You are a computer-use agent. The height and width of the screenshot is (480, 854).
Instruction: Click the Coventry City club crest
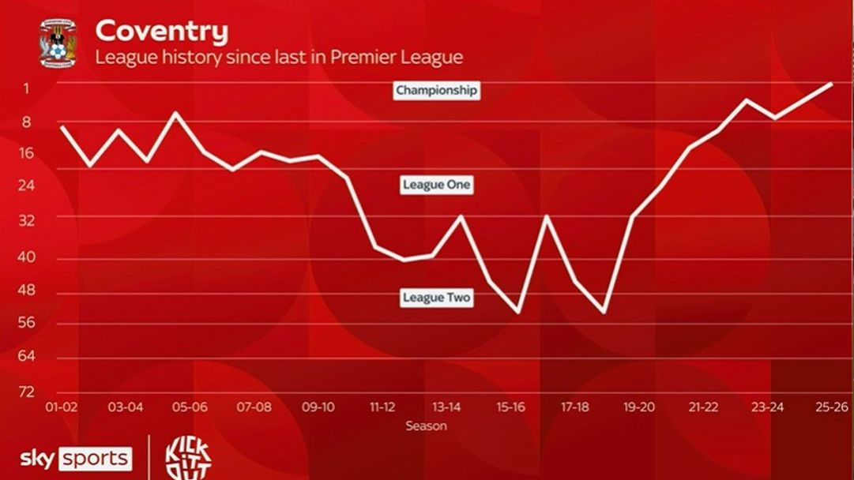pyautogui.click(x=58, y=44)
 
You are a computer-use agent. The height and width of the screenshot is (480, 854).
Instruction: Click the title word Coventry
pyautogui.click(x=162, y=32)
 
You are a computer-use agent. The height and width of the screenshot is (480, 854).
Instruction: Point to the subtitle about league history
pyautogui.click(x=279, y=58)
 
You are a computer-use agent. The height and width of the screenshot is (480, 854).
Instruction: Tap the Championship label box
pyautogui.click(x=436, y=90)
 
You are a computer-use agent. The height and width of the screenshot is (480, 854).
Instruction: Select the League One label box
pyautogui.click(x=436, y=185)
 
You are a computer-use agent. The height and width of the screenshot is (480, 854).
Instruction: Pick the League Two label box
pyautogui.click(x=437, y=298)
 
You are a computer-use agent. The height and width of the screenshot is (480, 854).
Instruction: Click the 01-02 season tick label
pyautogui.click(x=62, y=407)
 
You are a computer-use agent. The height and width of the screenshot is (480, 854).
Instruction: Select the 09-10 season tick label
pyautogui.click(x=318, y=407)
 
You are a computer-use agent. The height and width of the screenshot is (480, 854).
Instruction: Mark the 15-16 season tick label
pyautogui.click(x=510, y=407)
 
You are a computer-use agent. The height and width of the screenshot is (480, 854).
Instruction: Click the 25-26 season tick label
pyautogui.click(x=831, y=407)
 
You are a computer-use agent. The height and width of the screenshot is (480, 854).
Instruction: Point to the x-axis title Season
pyautogui.click(x=426, y=426)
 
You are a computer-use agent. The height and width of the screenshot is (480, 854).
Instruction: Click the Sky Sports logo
pyautogui.click(x=76, y=459)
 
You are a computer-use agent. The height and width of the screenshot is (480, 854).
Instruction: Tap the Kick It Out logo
pyautogui.click(x=187, y=458)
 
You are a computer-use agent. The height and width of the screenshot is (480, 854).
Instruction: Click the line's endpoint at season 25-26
pyautogui.click(x=832, y=83)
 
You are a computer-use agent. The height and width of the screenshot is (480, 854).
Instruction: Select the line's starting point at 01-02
pyautogui.click(x=62, y=127)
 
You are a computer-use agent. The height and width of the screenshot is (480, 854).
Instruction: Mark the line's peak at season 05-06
pyautogui.click(x=175, y=113)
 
